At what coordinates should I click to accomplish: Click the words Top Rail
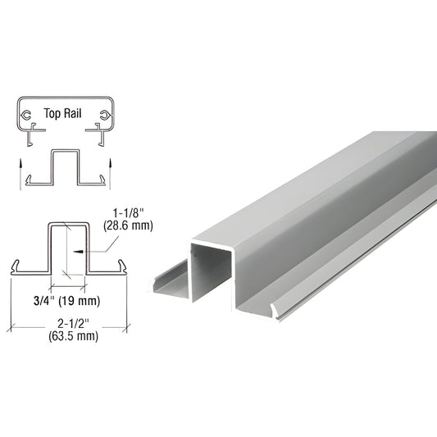[x=62, y=113]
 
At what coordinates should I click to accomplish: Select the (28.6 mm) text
[x=128, y=225]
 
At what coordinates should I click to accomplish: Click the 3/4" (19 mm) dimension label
[x=66, y=301]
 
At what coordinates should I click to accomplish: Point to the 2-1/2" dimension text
[x=73, y=324]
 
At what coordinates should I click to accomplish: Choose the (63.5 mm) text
[x=73, y=336]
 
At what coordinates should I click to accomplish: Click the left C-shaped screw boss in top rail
[x=27, y=115]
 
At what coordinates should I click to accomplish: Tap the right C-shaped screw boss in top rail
[x=104, y=116]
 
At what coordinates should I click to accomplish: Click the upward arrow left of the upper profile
[x=20, y=174]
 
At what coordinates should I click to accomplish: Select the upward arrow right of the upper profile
[x=110, y=174]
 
